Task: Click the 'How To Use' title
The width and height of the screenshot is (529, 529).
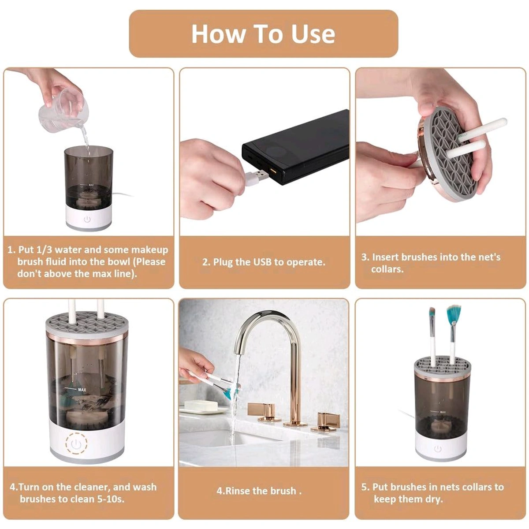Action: pyautogui.click(x=263, y=34)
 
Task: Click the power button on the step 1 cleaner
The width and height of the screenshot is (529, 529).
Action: pyautogui.click(x=87, y=219)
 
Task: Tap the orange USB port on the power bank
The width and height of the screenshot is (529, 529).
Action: pyautogui.click(x=272, y=171)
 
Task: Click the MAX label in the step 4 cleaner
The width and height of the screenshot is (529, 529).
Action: pyautogui.click(x=82, y=389)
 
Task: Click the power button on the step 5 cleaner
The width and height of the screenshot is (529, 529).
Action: pyautogui.click(x=437, y=449)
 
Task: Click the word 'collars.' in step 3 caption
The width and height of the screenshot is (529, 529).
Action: pyautogui.click(x=387, y=269)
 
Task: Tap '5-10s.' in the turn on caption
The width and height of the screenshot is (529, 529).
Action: pyautogui.click(x=109, y=499)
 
